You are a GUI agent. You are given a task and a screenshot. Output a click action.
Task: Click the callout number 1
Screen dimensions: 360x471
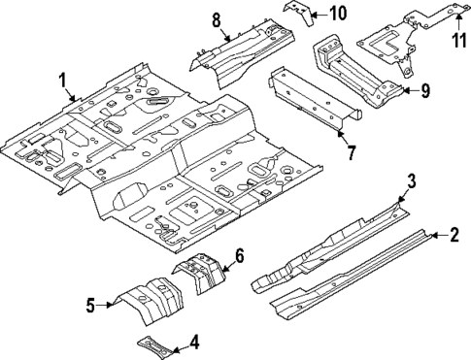point(63,81)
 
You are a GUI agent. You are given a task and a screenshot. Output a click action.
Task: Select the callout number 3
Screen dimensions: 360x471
point(411,181)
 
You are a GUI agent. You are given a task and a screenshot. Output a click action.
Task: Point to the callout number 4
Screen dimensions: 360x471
point(194,341)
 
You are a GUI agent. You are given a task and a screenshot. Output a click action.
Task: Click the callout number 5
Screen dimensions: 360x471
point(90,306)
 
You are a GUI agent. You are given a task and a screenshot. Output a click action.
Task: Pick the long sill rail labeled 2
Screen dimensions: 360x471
point(350,277)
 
